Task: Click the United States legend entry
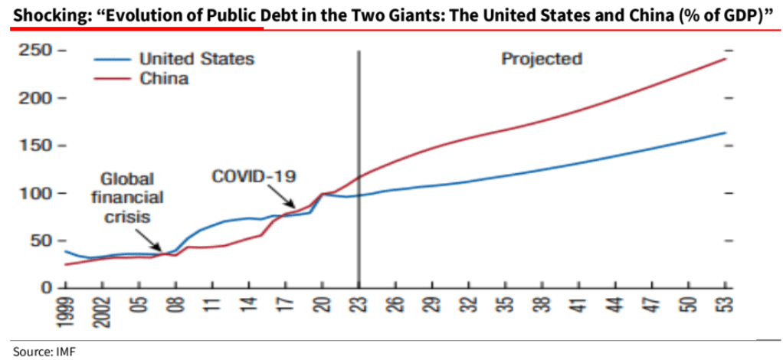[x=196, y=59]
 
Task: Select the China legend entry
[x=163, y=78]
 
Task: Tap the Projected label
[x=542, y=59]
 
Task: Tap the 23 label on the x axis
[x=359, y=306]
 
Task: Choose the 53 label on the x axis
[x=725, y=306]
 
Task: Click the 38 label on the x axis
[x=542, y=306]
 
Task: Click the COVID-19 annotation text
[x=254, y=176]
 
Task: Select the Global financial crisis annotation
[x=127, y=198]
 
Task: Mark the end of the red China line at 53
[x=725, y=59]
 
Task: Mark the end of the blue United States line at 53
[x=725, y=133]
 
